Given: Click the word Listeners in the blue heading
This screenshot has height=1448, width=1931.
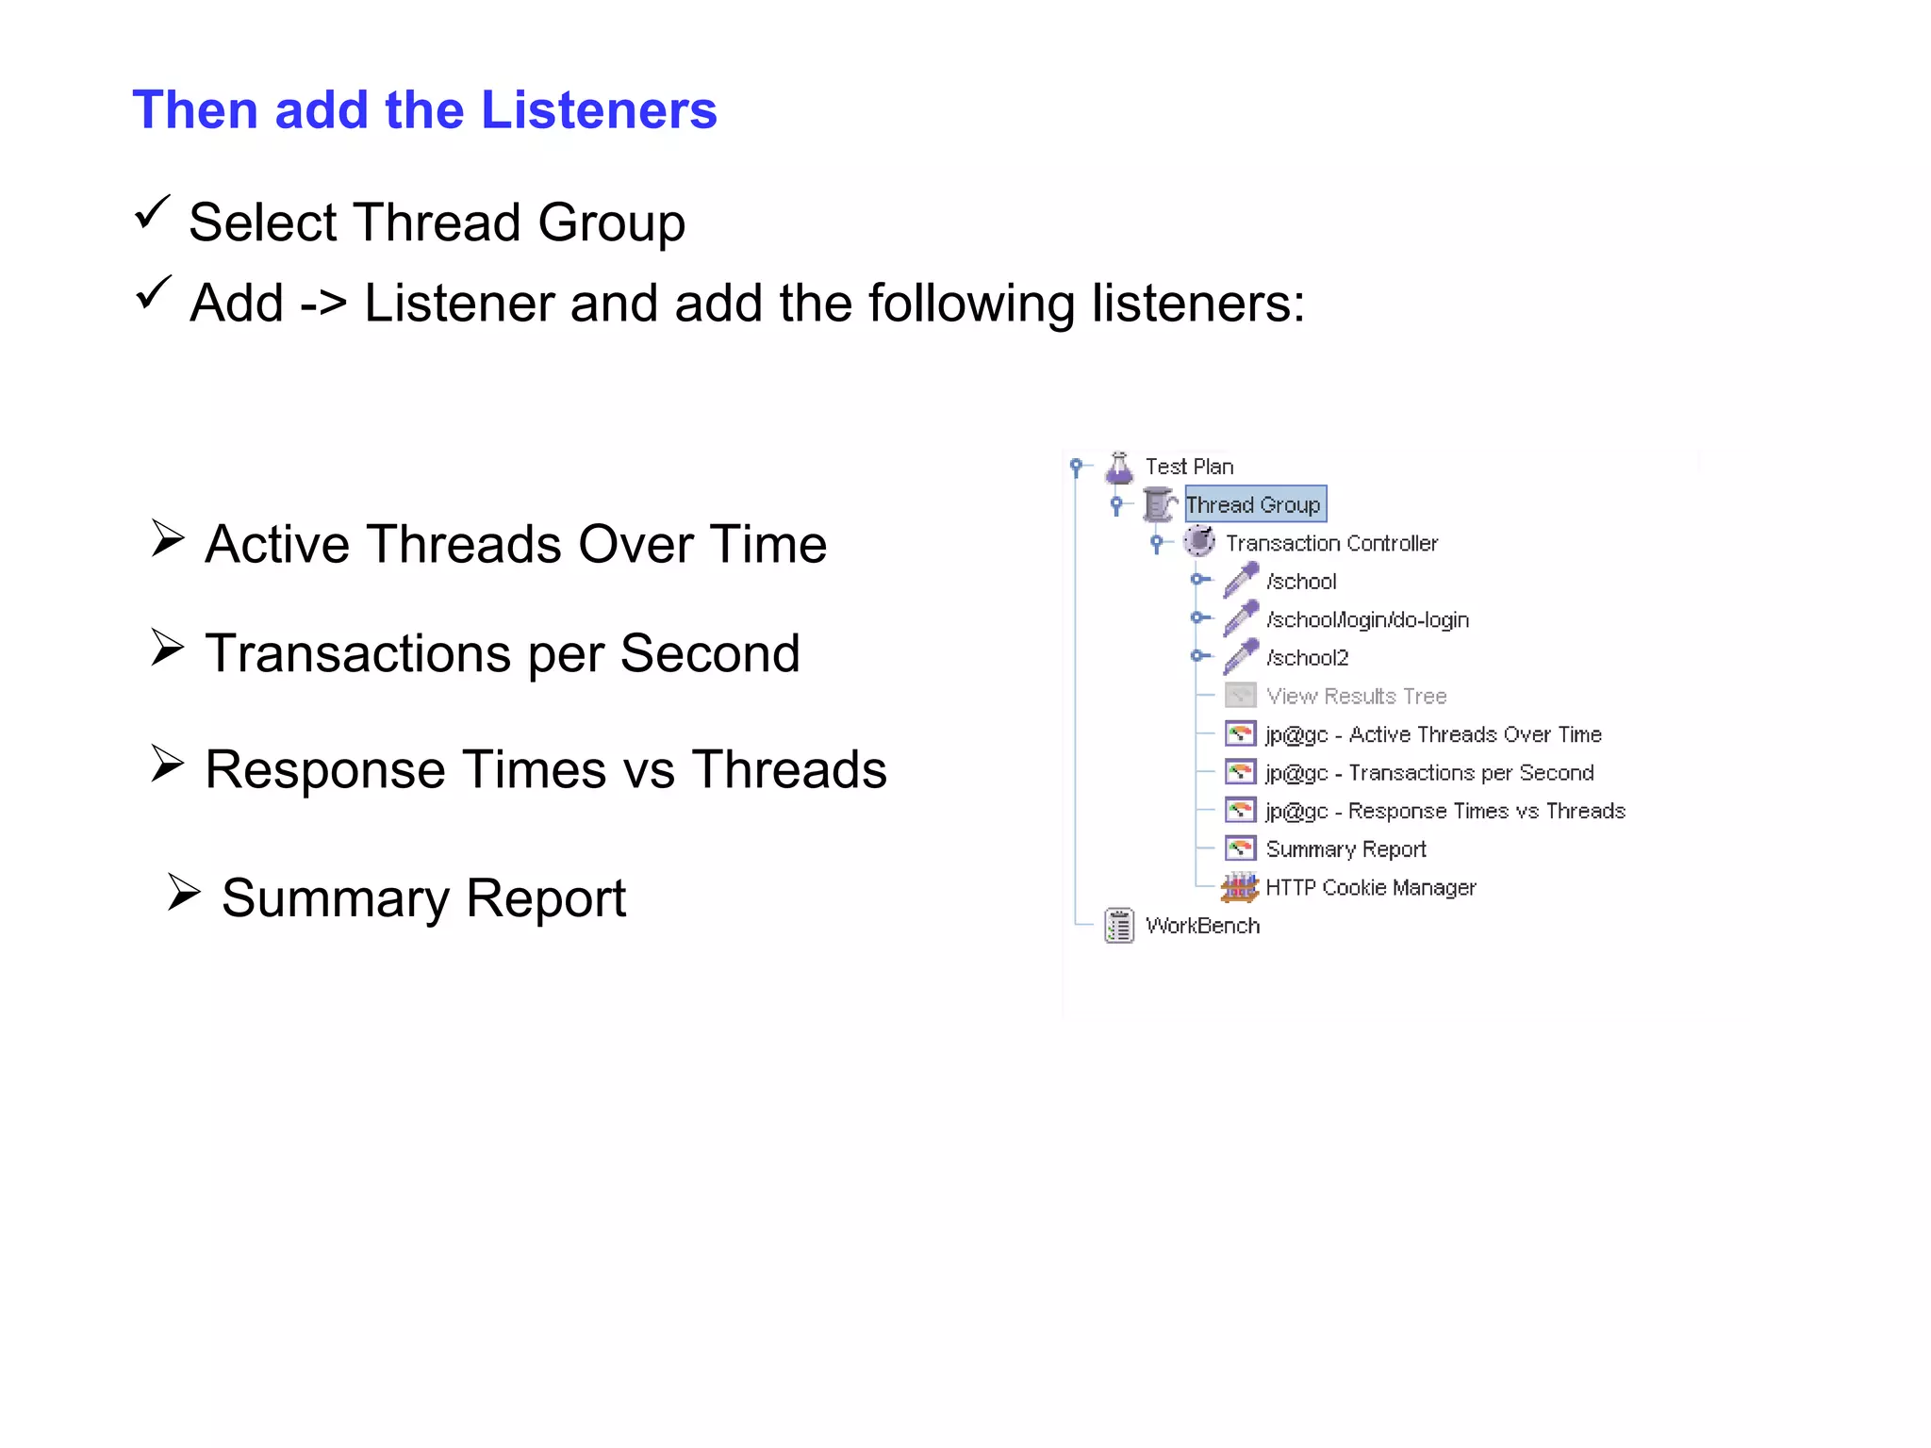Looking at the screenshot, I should [599, 110].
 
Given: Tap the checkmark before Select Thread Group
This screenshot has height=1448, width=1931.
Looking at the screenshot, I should [152, 212].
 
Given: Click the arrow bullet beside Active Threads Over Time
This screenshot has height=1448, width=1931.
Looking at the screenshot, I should [168, 538].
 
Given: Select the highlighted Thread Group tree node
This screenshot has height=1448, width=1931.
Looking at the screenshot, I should [1253, 504].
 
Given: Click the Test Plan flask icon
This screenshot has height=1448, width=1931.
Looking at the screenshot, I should [1119, 467].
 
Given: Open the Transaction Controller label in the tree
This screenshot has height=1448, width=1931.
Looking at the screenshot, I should [1331, 543].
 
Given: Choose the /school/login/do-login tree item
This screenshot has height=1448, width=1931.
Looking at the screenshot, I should [1367, 619].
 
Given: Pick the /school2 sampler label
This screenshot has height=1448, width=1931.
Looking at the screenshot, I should [1307, 658].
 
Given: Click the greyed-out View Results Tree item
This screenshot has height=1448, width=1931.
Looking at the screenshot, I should [1356, 697].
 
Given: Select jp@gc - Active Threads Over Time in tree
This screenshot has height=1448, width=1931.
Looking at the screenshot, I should [1433, 734].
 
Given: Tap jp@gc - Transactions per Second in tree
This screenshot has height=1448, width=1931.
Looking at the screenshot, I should [1429, 773].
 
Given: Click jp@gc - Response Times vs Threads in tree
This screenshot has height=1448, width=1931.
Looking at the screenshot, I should [1445, 811].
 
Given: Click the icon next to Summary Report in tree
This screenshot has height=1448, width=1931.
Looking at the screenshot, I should [1240, 848].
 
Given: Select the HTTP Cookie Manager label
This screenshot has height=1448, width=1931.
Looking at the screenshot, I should [1370, 887].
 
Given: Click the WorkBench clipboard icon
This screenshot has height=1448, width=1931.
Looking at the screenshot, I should [1119, 926].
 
